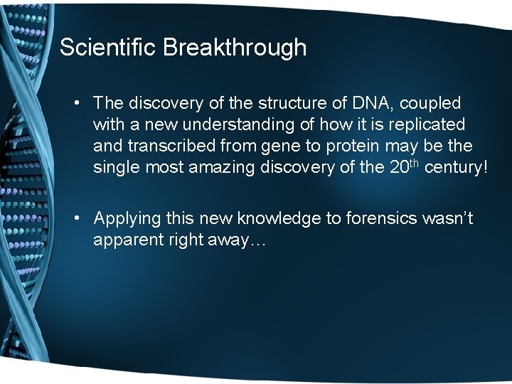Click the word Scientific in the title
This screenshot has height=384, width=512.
[108, 48]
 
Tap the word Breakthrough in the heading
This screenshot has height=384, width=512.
[235, 48]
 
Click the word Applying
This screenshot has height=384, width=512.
[127, 219]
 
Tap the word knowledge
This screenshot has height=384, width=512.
[279, 219]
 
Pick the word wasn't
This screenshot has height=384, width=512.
[447, 219]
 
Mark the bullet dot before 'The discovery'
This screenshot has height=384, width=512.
[76, 105]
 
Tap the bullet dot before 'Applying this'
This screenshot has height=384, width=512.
[76, 219]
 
